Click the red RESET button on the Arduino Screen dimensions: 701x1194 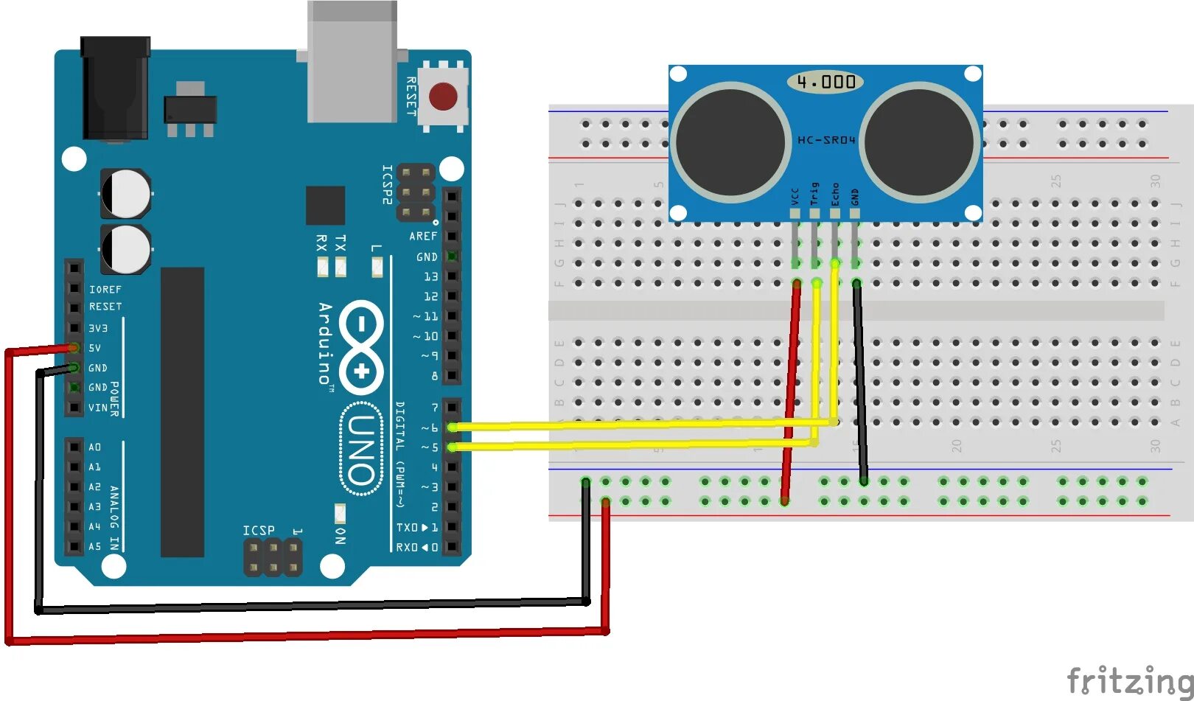click(x=443, y=97)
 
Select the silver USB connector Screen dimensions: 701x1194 click(x=352, y=62)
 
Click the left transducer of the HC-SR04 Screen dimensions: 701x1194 click(x=730, y=142)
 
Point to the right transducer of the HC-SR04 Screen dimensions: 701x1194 click(x=919, y=142)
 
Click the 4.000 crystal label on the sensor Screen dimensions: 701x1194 click(x=825, y=82)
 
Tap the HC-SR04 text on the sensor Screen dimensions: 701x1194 click(x=826, y=140)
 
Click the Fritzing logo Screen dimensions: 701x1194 click(x=1129, y=680)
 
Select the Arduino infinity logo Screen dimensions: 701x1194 click(x=361, y=346)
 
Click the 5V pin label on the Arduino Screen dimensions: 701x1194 click(x=95, y=348)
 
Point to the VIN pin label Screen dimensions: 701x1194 click(x=97, y=408)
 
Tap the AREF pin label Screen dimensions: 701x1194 click(x=423, y=237)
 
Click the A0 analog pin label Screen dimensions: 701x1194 click(x=95, y=447)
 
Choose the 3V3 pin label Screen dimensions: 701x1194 click(x=98, y=328)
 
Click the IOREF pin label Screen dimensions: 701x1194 click(x=105, y=290)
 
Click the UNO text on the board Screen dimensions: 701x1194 click(x=361, y=450)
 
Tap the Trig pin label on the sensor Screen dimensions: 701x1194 click(x=814, y=194)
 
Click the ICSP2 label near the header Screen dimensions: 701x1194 click(x=387, y=184)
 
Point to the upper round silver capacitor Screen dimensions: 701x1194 click(x=126, y=193)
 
